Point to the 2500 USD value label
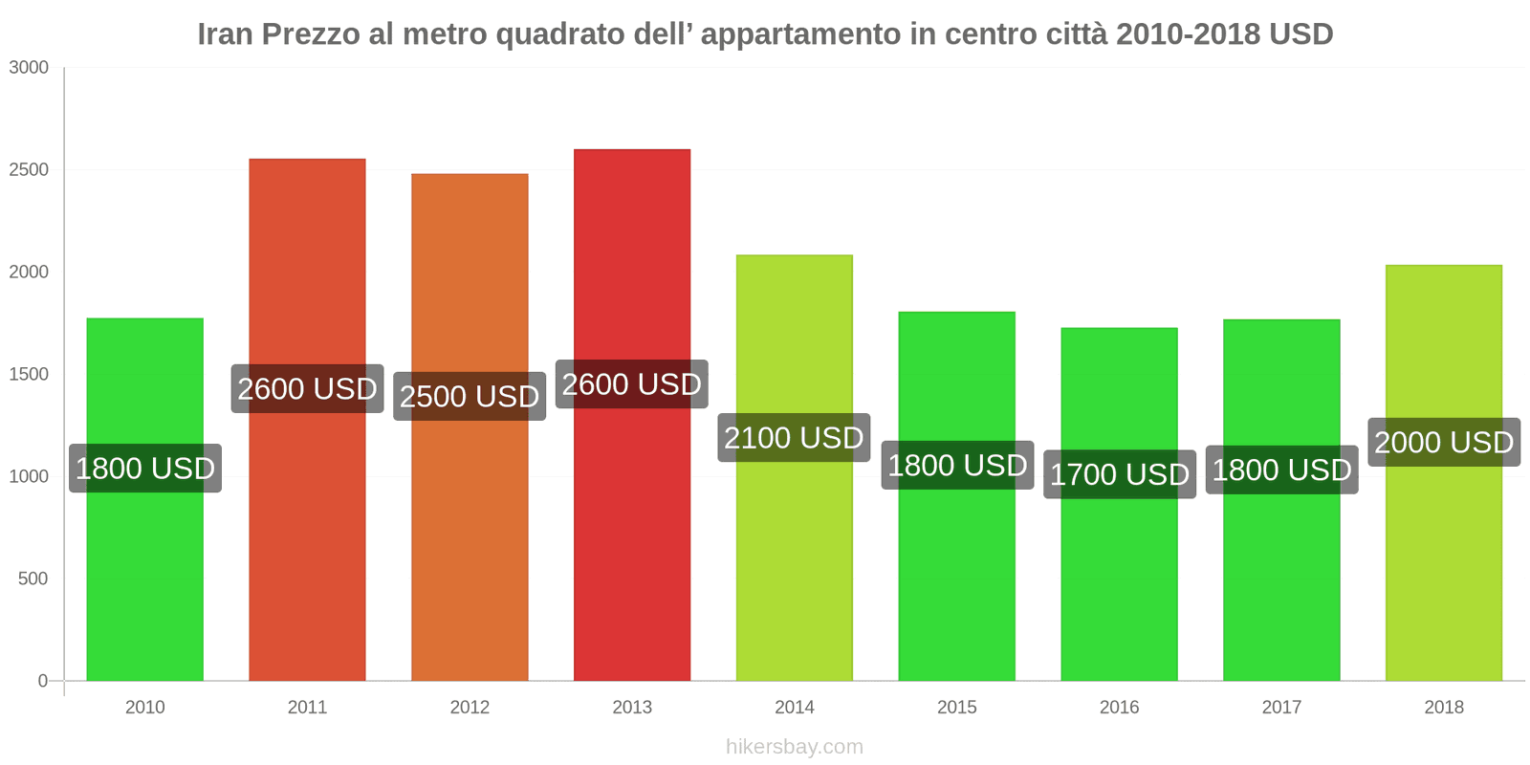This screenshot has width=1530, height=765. (x=470, y=396)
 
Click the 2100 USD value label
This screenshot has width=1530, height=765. (x=794, y=438)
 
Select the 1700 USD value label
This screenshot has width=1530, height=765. (x=1119, y=474)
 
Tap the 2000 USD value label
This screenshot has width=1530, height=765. (x=1443, y=443)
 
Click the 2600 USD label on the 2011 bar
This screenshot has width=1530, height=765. (x=307, y=389)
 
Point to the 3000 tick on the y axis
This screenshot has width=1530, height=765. (x=29, y=68)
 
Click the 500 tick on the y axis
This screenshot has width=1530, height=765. (x=33, y=579)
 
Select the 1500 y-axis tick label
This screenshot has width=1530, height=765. (x=29, y=375)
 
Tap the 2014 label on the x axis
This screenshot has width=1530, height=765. (x=794, y=708)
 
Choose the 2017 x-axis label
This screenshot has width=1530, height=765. (x=1280, y=708)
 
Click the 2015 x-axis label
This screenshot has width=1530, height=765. (x=956, y=708)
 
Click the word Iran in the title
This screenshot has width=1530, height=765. (x=225, y=34)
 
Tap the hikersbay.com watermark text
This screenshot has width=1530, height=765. (x=794, y=747)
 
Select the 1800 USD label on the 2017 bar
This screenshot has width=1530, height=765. (x=1281, y=470)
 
